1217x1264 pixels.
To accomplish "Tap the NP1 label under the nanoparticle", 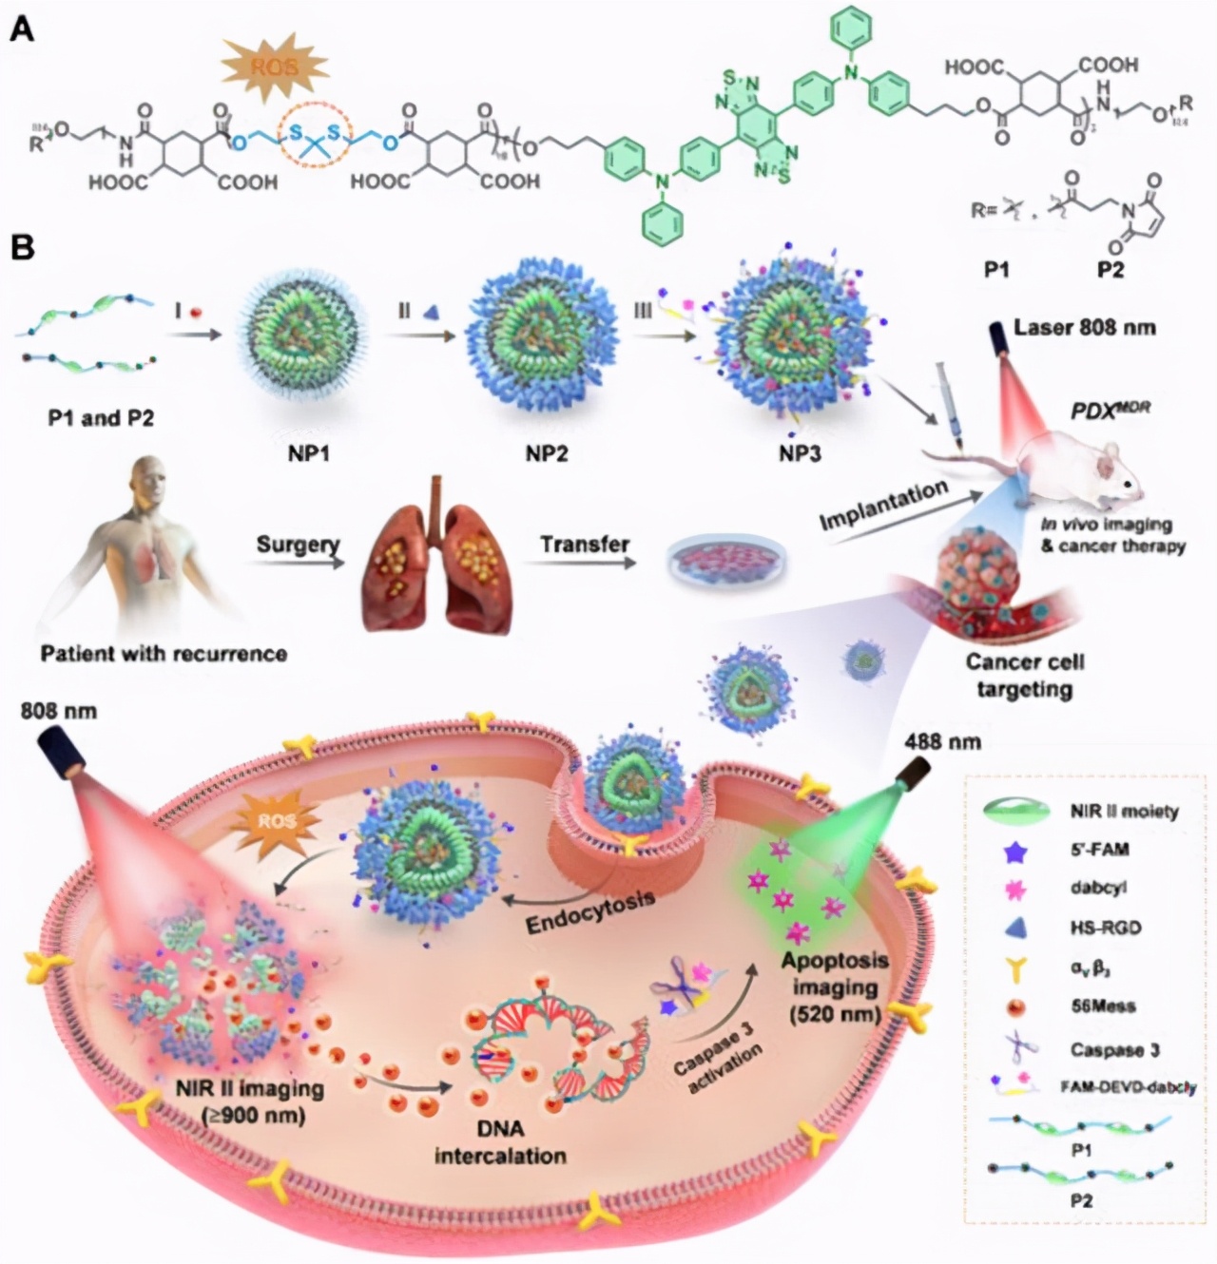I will click(x=308, y=454).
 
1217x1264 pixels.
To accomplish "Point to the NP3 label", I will click(x=800, y=454).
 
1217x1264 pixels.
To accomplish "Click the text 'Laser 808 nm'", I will click(x=1084, y=328).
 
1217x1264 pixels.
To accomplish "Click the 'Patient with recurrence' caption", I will click(x=164, y=654).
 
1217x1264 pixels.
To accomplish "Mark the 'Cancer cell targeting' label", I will click(x=1024, y=675).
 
